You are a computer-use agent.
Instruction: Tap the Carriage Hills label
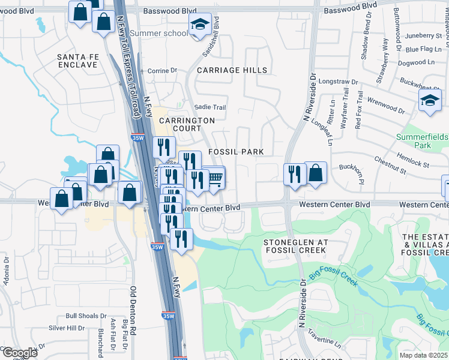232,70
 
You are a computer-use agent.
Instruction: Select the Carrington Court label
187,124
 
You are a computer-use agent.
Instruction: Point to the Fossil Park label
236,152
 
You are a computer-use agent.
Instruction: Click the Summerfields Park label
422,141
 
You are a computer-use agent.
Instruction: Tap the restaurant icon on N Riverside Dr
294,173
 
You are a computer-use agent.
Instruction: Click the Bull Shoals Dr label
86,316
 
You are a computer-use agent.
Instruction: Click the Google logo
20,353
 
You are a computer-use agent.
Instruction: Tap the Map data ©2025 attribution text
423,355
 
